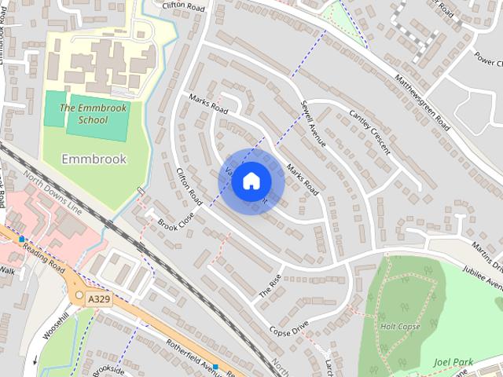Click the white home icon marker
251,181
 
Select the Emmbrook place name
94,159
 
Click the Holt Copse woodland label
401,326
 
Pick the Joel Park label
453,362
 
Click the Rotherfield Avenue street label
195,356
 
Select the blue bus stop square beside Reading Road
21,238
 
